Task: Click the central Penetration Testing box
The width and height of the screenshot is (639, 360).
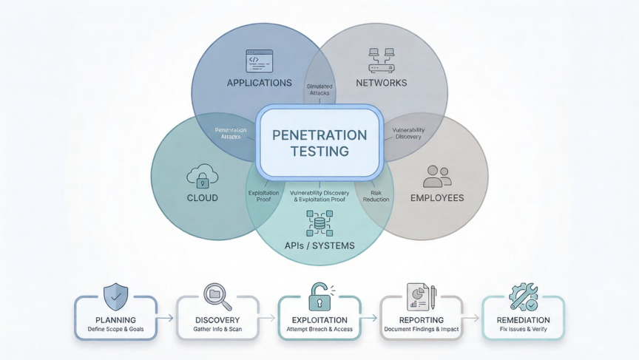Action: [x=319, y=143]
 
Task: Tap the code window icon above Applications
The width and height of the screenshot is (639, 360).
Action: [x=260, y=61]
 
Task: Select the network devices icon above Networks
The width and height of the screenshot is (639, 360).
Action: [x=381, y=60]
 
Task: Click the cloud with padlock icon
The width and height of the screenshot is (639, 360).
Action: [x=202, y=177]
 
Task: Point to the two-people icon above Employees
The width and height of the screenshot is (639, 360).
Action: [x=436, y=176]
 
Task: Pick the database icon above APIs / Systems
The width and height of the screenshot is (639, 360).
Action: [x=319, y=223]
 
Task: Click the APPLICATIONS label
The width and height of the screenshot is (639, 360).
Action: [x=260, y=83]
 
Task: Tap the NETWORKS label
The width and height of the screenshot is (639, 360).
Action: [x=381, y=83]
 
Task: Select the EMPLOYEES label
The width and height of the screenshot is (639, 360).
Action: [x=437, y=198]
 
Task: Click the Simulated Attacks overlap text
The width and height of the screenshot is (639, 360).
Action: [x=319, y=90]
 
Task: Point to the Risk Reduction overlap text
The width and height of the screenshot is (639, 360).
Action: [x=376, y=196]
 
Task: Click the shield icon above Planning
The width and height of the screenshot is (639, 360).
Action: [x=115, y=296]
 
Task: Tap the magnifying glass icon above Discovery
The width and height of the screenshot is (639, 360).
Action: [x=217, y=296]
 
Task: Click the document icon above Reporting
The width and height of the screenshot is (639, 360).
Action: [x=421, y=296]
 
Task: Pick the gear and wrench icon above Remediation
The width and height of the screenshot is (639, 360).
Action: [x=523, y=296]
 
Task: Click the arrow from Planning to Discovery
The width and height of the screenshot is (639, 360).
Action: [x=166, y=318]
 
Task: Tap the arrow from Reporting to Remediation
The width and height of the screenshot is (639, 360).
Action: [x=472, y=318]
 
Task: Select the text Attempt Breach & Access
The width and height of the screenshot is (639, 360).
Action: [x=319, y=329]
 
